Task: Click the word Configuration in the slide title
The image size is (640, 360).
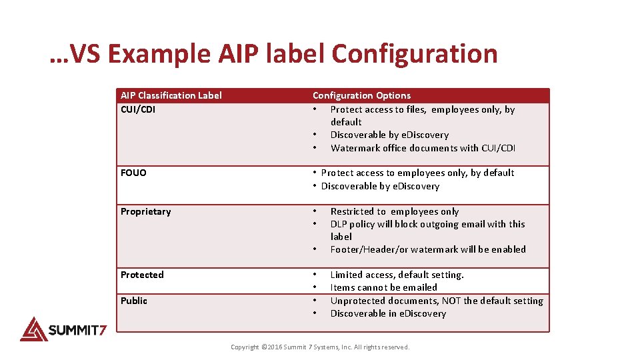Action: click(414, 54)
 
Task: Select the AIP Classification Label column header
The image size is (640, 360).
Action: click(171, 95)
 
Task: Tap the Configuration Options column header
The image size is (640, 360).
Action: click(361, 95)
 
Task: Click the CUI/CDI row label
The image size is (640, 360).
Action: click(138, 109)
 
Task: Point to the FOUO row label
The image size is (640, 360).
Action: click(133, 173)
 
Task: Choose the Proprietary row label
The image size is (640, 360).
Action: click(145, 211)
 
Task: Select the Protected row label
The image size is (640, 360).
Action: click(142, 275)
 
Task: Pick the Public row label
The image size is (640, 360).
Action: click(134, 301)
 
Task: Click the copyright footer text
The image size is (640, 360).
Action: click(320, 347)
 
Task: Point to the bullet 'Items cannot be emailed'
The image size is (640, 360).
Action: click(383, 287)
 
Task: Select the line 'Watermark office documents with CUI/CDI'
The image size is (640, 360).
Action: click(423, 148)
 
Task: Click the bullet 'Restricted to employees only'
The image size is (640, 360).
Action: click(395, 211)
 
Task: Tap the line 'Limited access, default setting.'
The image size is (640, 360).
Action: click(397, 275)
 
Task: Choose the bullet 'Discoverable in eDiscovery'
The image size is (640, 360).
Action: click(388, 313)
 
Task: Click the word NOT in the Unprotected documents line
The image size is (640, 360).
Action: click(451, 301)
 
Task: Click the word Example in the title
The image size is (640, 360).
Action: click(159, 54)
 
